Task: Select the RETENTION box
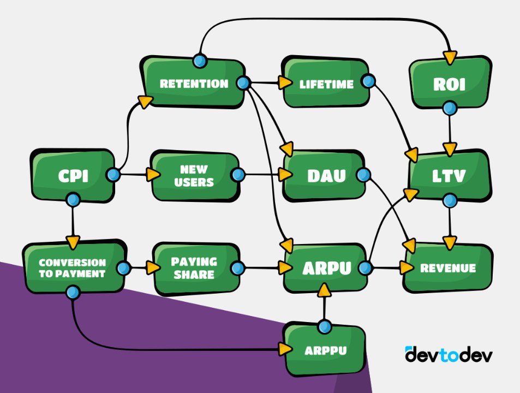pyautogui.click(x=193, y=84)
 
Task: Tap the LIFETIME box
pyautogui.click(x=326, y=84)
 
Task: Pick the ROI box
pyautogui.click(x=448, y=84)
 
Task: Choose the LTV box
pyautogui.click(x=448, y=175)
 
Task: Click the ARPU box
pyautogui.click(x=324, y=268)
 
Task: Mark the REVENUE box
pyautogui.click(x=447, y=268)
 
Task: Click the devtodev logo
pyautogui.click(x=449, y=354)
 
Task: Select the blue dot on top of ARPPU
pyautogui.click(x=325, y=327)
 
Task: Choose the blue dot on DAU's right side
pyautogui.click(x=363, y=175)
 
